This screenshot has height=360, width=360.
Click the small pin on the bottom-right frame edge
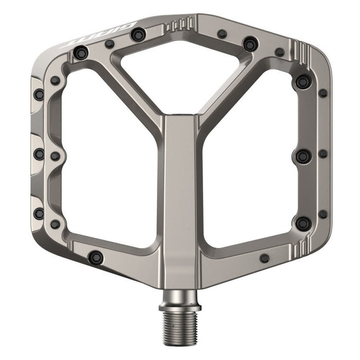(x=264, y=258)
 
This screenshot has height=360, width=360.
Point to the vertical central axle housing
(x=179, y=195)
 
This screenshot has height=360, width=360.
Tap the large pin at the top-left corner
(x=81, y=52)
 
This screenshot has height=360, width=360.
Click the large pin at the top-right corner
(x=303, y=81)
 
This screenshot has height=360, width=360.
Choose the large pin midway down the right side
(x=303, y=156)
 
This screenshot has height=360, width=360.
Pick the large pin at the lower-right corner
(x=303, y=223)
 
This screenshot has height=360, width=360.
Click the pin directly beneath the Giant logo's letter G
(x=137, y=35)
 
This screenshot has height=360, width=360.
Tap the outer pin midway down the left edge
(x=39, y=154)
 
